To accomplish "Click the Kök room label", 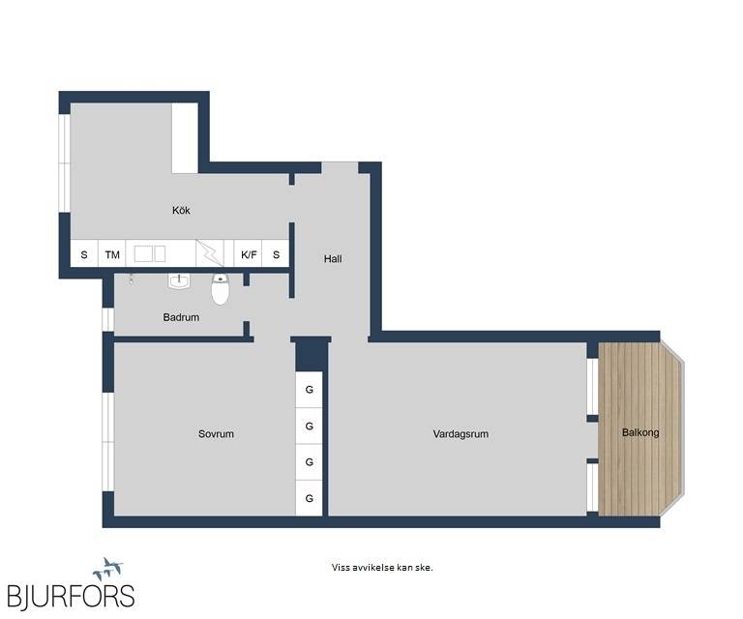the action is [181, 210].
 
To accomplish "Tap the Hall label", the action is [333, 259].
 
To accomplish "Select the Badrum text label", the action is [181, 317].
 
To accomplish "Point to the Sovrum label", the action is [216, 434].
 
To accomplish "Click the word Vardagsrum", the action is [461, 434].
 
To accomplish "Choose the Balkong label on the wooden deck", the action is [640, 432].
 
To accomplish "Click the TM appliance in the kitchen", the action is [112, 254].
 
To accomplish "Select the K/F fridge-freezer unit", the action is [249, 254].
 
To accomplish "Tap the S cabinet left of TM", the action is [84, 254].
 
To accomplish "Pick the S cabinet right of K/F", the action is [276, 254].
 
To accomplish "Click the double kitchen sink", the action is [150, 253].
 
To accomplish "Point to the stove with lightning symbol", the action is [210, 253].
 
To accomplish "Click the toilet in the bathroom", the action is [221, 288].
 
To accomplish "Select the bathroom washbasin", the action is [179, 281].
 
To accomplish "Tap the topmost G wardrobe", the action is [309, 390].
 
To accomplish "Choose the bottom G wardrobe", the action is [309, 498].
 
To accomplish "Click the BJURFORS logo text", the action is [71, 596].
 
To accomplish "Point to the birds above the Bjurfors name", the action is [108, 569].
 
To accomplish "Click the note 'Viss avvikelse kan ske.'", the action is [382, 568].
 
